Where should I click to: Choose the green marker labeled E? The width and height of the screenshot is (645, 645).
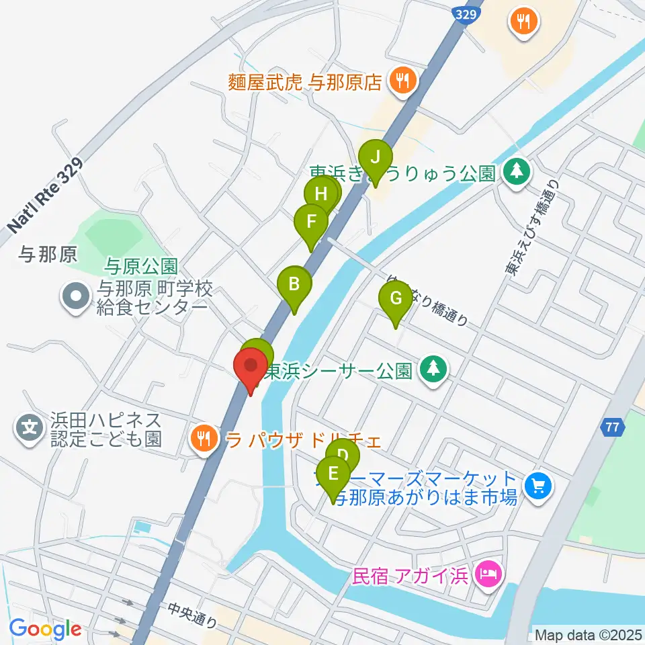[x=333, y=474]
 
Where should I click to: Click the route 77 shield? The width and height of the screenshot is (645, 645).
[x=611, y=425]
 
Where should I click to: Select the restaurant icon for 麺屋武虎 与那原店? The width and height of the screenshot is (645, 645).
[x=404, y=81]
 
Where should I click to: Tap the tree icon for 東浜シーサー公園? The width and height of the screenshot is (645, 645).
[x=434, y=368]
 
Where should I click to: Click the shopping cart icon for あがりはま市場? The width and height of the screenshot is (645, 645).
[x=538, y=485]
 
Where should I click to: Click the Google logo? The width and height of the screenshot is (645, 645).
[x=45, y=630]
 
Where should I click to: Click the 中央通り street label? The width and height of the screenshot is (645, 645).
[x=192, y=615]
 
